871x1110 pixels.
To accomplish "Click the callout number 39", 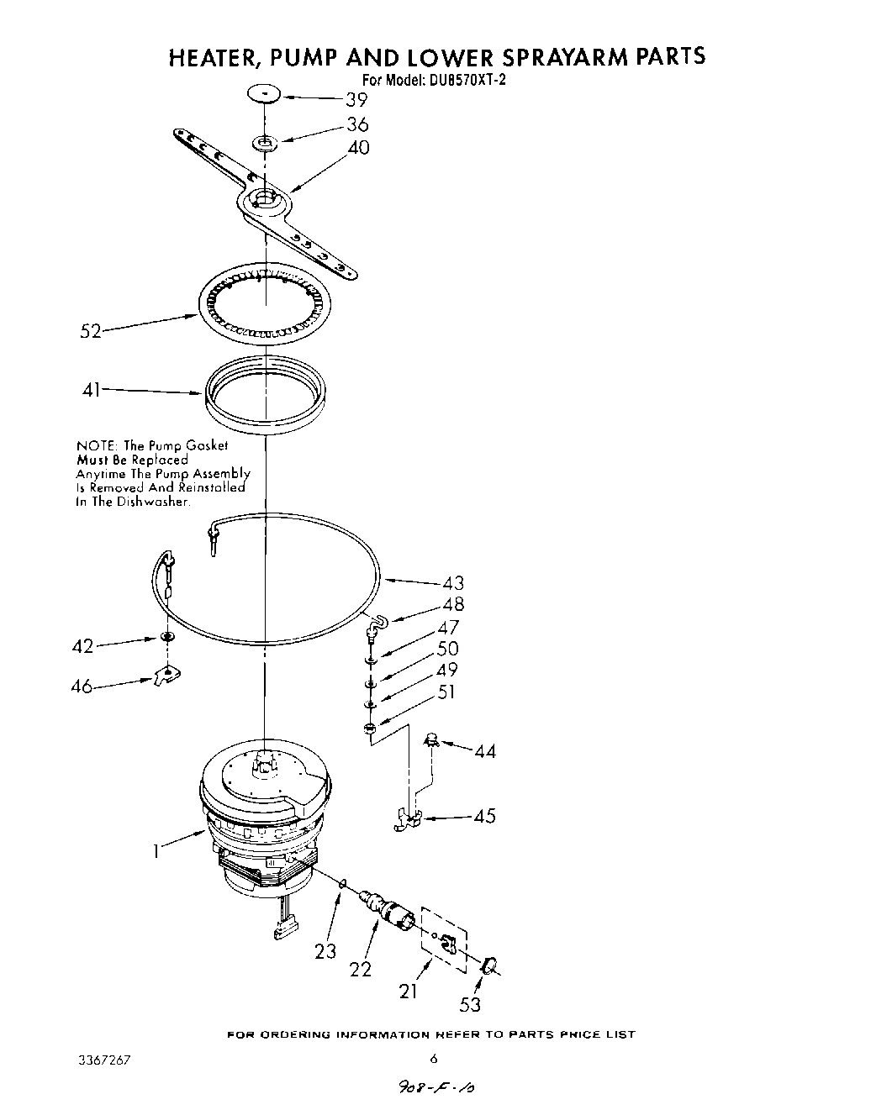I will click(x=357, y=100).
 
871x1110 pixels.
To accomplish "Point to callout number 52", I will click(x=91, y=331).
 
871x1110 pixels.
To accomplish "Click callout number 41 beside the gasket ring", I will click(x=92, y=389).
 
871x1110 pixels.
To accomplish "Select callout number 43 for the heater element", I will click(x=453, y=583).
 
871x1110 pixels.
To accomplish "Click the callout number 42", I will click(x=84, y=646).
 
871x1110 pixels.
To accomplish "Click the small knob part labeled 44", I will click(x=433, y=739).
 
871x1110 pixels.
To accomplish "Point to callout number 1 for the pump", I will click(x=156, y=851).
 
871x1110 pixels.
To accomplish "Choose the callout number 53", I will click(x=470, y=1003).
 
